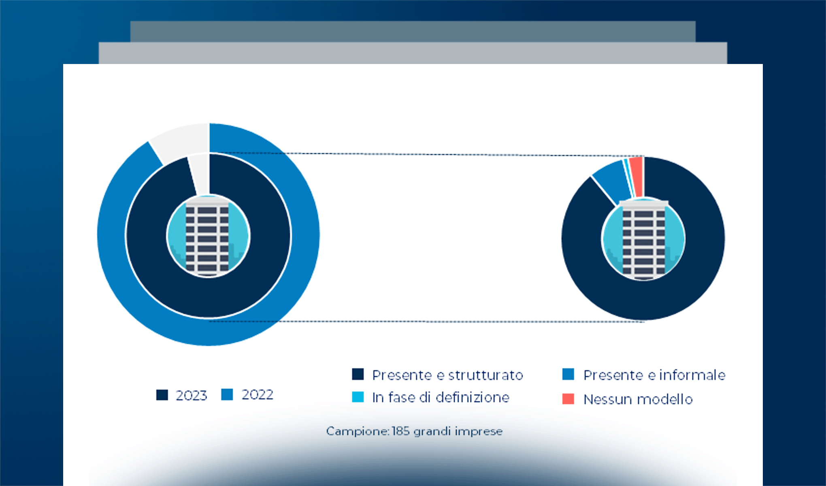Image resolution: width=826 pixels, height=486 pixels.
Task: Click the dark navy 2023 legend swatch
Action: click(x=162, y=395)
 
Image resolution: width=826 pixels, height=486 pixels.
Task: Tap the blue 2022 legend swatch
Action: click(x=227, y=394)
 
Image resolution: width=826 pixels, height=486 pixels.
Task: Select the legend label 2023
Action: click(x=191, y=395)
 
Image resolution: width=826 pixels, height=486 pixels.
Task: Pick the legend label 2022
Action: click(x=257, y=394)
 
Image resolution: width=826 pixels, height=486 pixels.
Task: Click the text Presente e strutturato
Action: click(x=447, y=375)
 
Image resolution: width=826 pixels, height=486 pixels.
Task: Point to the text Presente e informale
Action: click(x=654, y=375)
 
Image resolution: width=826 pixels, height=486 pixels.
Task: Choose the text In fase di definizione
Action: click(x=441, y=397)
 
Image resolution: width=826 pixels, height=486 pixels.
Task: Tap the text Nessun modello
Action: click(x=638, y=399)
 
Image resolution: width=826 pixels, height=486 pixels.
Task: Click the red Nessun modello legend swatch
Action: click(x=568, y=399)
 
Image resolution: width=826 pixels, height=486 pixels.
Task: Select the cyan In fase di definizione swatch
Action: click(x=358, y=397)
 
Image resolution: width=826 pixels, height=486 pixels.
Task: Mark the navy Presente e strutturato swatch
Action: click(x=358, y=374)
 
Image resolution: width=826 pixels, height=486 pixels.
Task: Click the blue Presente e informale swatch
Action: click(x=568, y=374)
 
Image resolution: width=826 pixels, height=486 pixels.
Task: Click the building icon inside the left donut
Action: click(x=208, y=237)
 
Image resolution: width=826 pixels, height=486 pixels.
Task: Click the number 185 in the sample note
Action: click(x=401, y=431)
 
